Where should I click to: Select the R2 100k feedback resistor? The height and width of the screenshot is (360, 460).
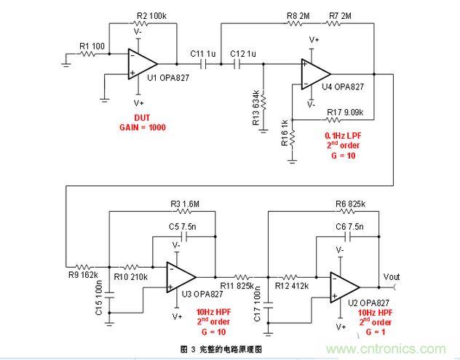(142, 23)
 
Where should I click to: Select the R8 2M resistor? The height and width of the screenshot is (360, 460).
(296, 23)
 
